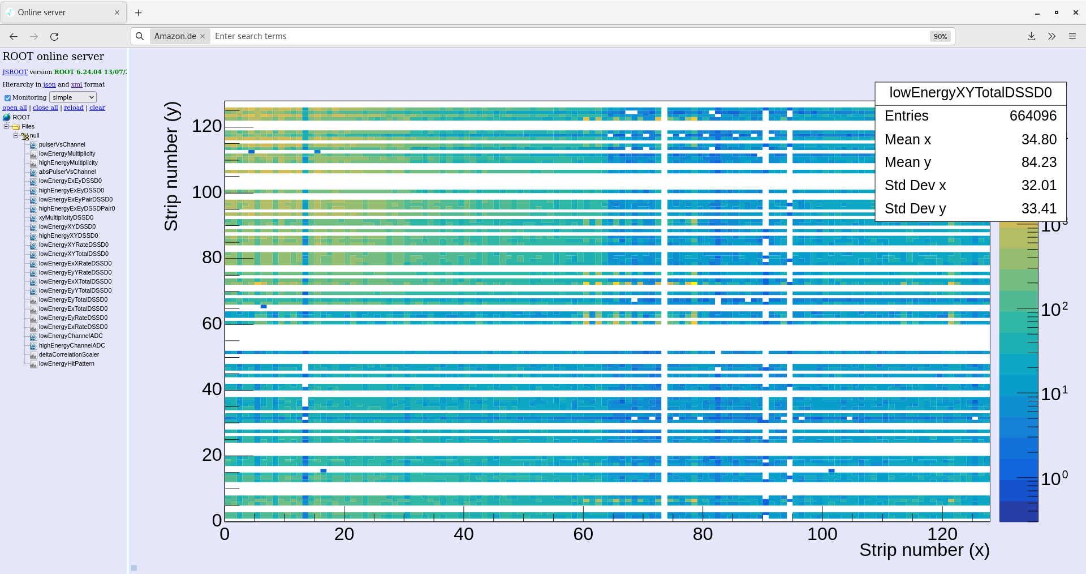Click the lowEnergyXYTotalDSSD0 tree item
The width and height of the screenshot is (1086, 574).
(x=74, y=254)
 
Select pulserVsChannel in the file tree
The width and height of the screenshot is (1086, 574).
(x=62, y=144)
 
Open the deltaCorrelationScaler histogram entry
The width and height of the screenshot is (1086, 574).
(x=68, y=354)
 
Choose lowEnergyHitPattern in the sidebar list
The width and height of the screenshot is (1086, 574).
(x=66, y=363)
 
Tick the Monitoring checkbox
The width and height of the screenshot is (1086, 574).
(x=8, y=98)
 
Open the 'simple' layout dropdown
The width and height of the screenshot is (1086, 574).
(x=73, y=97)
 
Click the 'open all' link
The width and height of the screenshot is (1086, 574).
(x=15, y=108)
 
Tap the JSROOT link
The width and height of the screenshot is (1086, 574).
(x=15, y=72)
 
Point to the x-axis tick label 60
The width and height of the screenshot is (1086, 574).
(x=583, y=534)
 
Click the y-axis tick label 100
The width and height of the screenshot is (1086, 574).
(x=206, y=192)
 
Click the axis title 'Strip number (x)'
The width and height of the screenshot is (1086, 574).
(x=924, y=550)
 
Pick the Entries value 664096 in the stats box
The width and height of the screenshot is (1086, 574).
(x=1033, y=116)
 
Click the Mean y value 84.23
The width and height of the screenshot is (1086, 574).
(x=1038, y=162)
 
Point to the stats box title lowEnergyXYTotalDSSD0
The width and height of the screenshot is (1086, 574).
(x=970, y=93)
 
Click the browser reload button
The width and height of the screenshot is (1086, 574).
(x=54, y=36)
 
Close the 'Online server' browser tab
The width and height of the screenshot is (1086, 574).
(x=117, y=12)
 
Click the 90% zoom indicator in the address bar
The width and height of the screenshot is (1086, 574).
(x=940, y=36)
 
